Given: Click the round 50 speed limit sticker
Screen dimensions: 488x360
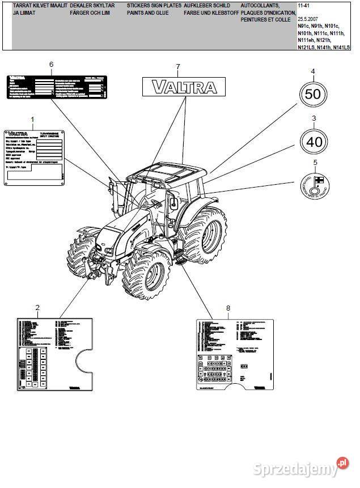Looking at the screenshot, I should point(313,94).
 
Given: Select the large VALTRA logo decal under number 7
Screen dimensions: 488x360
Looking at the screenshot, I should point(184,87).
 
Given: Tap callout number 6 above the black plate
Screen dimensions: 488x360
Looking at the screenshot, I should point(51,65).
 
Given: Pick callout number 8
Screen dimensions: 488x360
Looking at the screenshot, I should point(228,308).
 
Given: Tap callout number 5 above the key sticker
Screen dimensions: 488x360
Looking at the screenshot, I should point(315,164).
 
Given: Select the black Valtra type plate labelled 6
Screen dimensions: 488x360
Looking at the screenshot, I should point(56,87).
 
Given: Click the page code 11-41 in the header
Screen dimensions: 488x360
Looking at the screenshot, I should point(304,5).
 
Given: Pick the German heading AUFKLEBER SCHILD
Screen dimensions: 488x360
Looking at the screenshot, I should point(207,5).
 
